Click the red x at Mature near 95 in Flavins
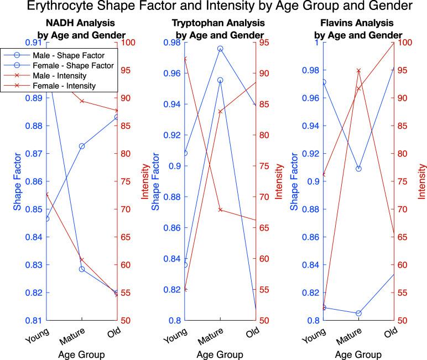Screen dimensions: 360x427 (x=358, y=71)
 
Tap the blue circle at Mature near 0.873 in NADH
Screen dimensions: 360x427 (x=82, y=146)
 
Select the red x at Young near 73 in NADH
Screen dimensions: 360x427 (x=48, y=194)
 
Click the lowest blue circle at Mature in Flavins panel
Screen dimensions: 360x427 (x=358, y=313)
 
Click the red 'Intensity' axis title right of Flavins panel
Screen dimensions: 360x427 (x=422, y=181)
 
